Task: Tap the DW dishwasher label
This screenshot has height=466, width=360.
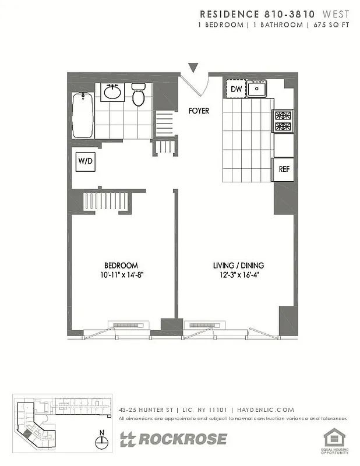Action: tap(236, 89)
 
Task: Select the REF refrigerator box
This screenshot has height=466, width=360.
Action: tap(284, 169)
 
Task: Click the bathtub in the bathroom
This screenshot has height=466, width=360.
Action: tap(82, 115)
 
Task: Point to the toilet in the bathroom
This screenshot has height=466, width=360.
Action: tap(138, 95)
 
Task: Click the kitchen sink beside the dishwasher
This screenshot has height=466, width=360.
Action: tap(256, 90)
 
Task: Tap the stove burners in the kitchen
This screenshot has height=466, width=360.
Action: tap(283, 121)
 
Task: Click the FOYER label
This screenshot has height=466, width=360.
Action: tap(199, 111)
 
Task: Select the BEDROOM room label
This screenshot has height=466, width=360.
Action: tap(121, 266)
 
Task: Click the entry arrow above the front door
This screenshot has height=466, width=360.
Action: tap(193, 68)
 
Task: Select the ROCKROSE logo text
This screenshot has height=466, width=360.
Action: tap(181, 439)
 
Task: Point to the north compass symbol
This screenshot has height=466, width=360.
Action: tap(102, 441)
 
